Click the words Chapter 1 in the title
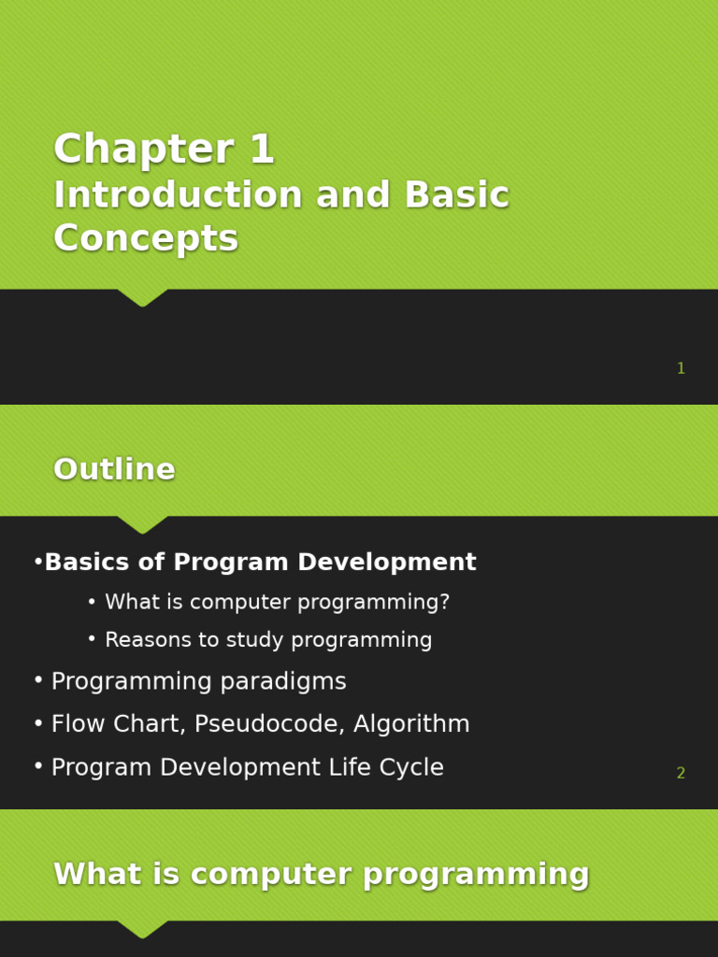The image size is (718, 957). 164,150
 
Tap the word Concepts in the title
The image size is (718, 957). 146,239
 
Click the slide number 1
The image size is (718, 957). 681,369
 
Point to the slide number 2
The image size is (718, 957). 681,774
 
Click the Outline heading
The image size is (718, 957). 114,470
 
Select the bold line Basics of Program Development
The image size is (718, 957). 260,563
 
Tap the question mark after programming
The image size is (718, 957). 445,603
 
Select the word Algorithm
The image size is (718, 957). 427,724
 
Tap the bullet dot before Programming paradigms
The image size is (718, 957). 37,680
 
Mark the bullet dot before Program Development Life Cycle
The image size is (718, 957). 37,766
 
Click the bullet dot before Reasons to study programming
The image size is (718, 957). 92,639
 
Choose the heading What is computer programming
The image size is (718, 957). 322,875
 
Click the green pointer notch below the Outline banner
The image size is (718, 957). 142,525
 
